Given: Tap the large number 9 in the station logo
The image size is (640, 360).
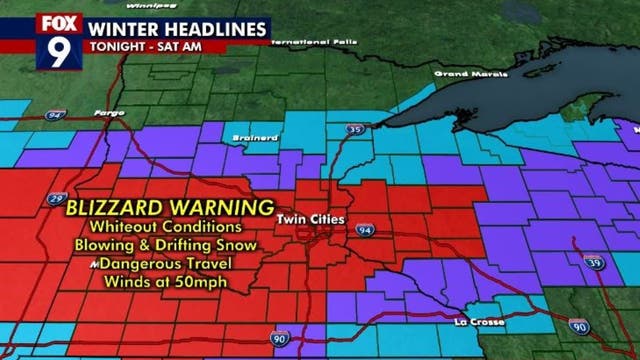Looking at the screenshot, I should [58, 52].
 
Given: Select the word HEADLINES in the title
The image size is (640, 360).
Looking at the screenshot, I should [212, 25].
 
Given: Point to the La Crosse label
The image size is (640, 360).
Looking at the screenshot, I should [474, 322].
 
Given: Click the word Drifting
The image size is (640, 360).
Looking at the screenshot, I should [180, 247].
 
